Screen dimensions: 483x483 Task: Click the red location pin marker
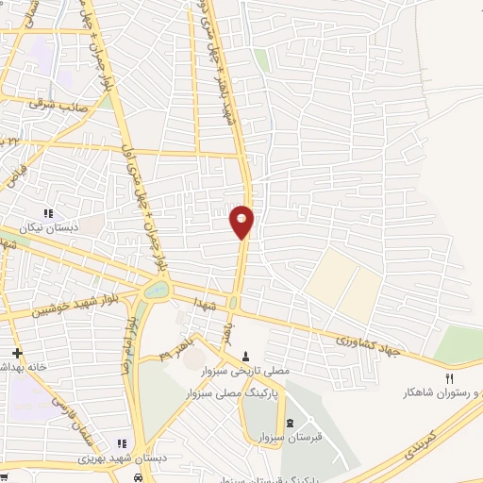242,221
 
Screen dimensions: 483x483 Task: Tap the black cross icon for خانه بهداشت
16,352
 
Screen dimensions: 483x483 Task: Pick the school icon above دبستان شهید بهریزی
121,442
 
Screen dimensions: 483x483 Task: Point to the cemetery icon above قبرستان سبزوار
289,421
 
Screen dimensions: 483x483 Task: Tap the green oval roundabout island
156,290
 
